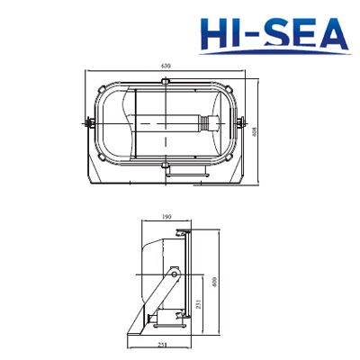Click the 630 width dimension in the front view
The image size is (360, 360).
click(166, 67)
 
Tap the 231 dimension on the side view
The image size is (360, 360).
click(197, 307)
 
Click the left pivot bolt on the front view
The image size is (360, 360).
click(89, 123)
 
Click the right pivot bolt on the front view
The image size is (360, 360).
click(243, 123)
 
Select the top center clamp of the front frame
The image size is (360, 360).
click(166, 84)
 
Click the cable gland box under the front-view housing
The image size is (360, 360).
click(191, 167)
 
